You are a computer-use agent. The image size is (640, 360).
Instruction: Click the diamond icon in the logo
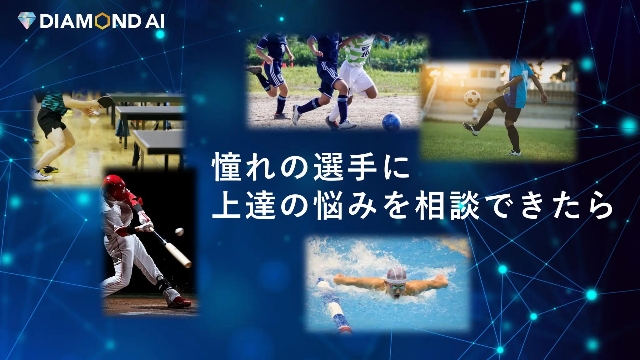click(27, 21)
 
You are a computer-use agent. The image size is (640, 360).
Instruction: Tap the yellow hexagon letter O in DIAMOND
click(102, 21)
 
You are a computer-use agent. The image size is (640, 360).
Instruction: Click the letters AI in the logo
click(154, 21)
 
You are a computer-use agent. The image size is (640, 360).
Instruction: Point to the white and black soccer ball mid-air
click(472, 98)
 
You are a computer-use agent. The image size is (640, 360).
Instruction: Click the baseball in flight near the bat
click(179, 232)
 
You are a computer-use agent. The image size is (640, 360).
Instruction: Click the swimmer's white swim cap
click(397, 275)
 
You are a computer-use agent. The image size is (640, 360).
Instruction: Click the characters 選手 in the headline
click(345, 168)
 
